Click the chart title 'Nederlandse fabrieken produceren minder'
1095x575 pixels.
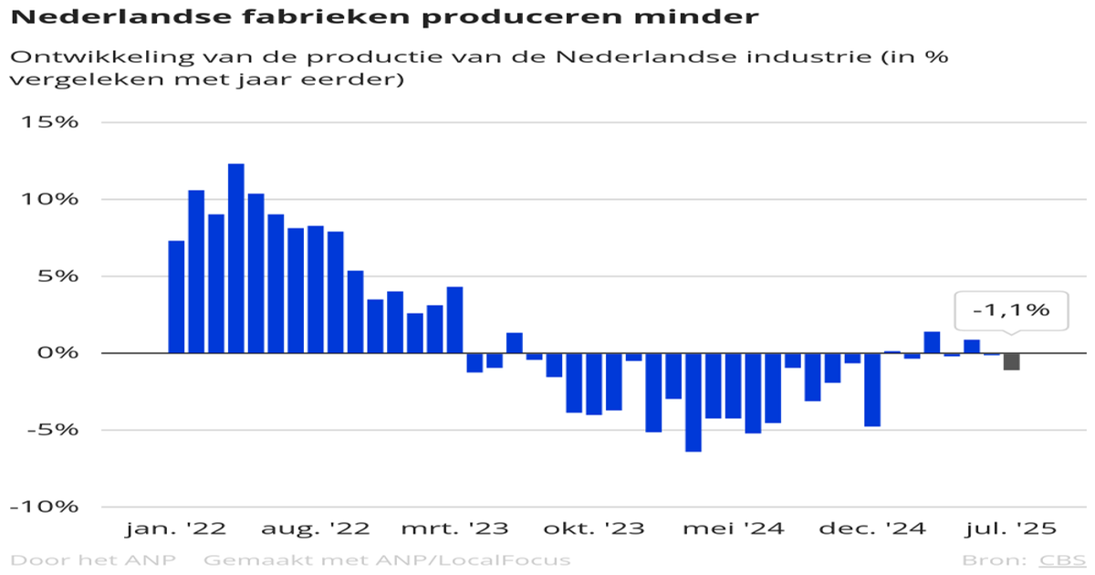coord(384,16)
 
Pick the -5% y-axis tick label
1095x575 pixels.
coord(49,430)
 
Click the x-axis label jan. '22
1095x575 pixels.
coord(176,529)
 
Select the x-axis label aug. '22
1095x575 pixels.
coord(315,529)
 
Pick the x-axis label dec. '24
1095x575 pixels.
coord(871,529)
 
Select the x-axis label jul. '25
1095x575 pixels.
coord(1011,529)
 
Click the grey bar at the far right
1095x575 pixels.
coord(1012,361)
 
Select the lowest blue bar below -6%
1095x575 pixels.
coord(693,402)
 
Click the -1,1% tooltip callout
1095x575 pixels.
coord(1010,310)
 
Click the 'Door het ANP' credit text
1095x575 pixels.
coord(93,559)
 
